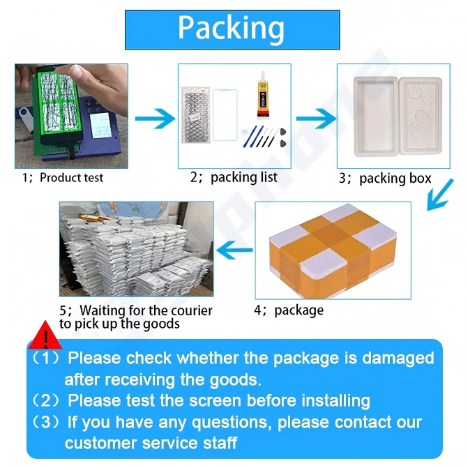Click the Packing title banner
(x=232, y=30)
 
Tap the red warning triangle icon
(x=45, y=335)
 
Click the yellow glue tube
(x=263, y=96)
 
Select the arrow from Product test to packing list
(x=156, y=119)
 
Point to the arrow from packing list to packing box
(x=316, y=119)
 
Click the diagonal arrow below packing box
(x=440, y=195)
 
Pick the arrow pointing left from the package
(x=234, y=250)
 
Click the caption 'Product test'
(x=72, y=178)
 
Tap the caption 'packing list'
(x=244, y=177)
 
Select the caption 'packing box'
(x=395, y=179)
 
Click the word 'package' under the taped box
(x=299, y=310)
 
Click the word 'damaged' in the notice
(x=398, y=358)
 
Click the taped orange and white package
(x=333, y=250)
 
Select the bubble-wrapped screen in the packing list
(x=196, y=114)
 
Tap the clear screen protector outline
(x=225, y=115)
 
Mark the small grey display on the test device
(x=101, y=126)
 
